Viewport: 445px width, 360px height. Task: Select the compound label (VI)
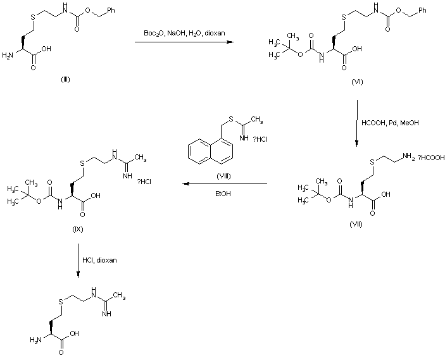click(358, 83)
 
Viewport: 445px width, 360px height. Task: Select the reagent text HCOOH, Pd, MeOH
click(390, 122)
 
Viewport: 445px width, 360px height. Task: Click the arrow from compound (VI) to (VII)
click(356, 122)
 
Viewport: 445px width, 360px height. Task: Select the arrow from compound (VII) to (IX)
click(225, 184)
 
